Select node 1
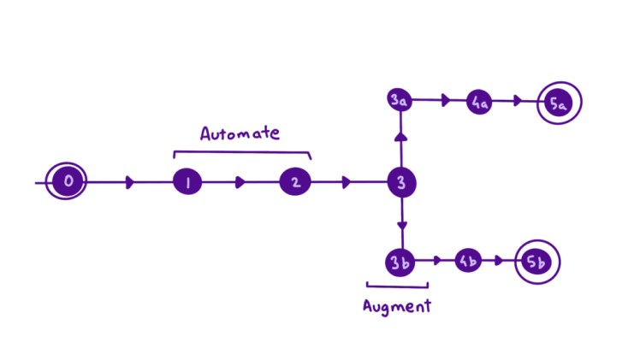click(x=187, y=182)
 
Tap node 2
click(x=294, y=182)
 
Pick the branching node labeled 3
click(x=400, y=182)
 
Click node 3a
click(x=399, y=101)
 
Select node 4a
click(x=479, y=103)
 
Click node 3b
click(x=400, y=262)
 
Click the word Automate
click(x=240, y=133)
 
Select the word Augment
click(x=396, y=306)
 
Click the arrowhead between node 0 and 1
click(x=129, y=182)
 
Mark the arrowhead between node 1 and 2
click(x=240, y=182)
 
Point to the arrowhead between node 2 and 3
click(x=345, y=182)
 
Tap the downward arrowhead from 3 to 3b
click(x=401, y=227)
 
